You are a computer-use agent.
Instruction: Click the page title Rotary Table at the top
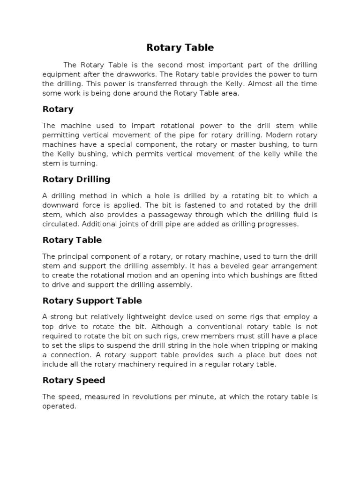pos(180,47)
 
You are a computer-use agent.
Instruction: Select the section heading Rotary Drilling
pos(76,179)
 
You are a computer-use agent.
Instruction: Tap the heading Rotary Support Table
pos(92,300)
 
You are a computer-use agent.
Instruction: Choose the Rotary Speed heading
pos(74,380)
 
